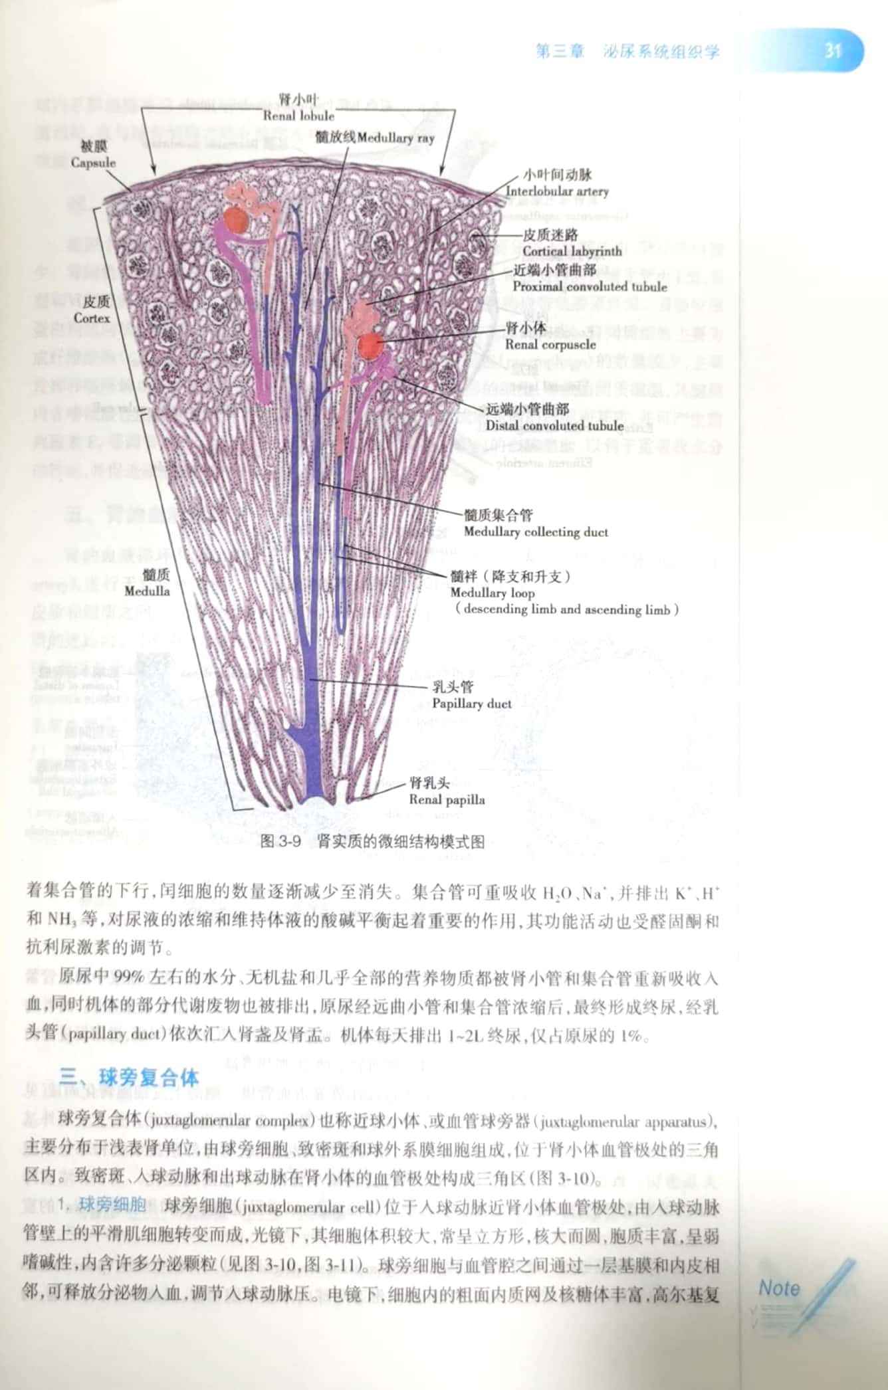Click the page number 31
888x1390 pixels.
click(x=833, y=50)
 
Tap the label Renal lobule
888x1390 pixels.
click(x=298, y=115)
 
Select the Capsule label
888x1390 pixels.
click(x=93, y=163)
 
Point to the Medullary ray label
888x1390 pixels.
click(x=395, y=138)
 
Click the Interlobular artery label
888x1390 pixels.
click(x=557, y=191)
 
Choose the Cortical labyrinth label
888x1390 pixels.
click(x=572, y=251)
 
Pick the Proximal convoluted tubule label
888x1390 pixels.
click(x=589, y=287)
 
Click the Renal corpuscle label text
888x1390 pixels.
click(x=550, y=344)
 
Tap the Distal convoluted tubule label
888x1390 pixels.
click(x=554, y=426)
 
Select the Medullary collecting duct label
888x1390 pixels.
click(x=536, y=532)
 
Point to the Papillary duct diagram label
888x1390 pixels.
click(x=471, y=704)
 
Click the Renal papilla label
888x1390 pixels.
click(x=447, y=800)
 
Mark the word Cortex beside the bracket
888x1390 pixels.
click(x=92, y=318)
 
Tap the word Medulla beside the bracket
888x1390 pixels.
click(x=147, y=591)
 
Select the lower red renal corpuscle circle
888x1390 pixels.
click(x=370, y=346)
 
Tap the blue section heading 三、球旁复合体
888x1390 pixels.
click(x=129, y=1076)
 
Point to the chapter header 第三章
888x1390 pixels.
click(x=560, y=52)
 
